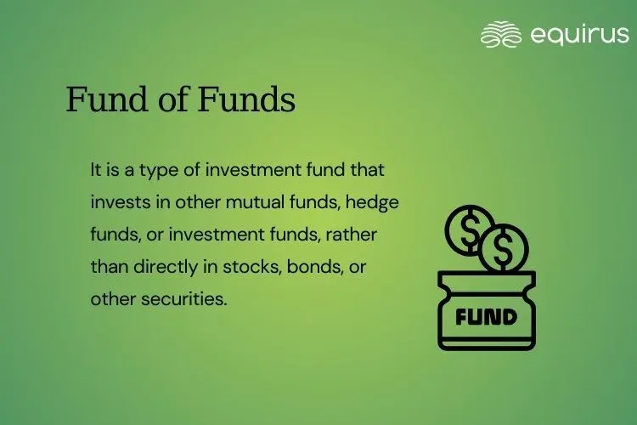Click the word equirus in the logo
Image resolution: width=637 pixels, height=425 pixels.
point(580,35)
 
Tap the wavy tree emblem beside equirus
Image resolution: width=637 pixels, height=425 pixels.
point(501,34)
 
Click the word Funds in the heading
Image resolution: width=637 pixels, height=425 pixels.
point(246,99)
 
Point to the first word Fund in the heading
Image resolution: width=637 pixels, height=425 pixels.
point(107,99)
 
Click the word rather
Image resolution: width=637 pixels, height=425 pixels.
point(352,235)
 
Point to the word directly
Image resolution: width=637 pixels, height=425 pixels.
point(166,268)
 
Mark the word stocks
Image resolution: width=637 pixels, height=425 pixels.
point(252,267)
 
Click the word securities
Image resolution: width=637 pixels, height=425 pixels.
point(184,299)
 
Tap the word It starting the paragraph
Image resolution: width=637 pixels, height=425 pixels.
point(95,170)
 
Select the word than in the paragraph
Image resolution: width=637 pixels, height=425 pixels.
point(110,267)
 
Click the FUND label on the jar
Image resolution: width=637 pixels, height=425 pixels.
point(487,317)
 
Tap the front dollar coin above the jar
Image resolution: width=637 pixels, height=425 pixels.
point(504,247)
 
